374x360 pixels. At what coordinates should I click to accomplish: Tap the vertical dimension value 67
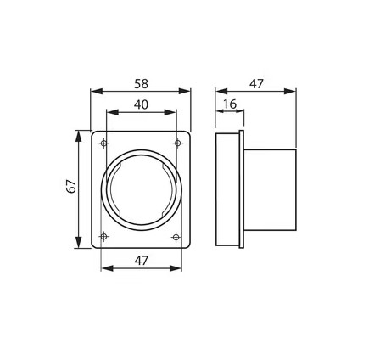pos(72,187)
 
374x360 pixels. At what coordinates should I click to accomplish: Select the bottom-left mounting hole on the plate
pos(104,235)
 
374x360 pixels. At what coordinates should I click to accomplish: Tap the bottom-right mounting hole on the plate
pos(177,235)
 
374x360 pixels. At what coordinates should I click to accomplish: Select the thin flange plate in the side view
pos(242,189)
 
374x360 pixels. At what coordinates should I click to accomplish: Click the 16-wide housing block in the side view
pos(227,189)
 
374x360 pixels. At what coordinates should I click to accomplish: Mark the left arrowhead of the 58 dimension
pos(94,91)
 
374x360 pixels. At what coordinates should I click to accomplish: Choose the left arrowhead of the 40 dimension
pos(109,113)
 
